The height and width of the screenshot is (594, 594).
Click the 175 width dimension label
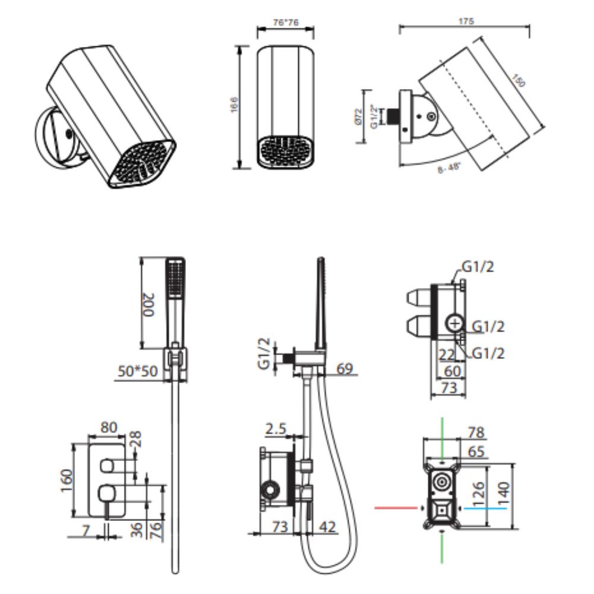(466, 21)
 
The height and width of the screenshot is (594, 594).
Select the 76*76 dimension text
(285, 23)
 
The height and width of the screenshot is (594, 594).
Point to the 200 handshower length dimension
(150, 305)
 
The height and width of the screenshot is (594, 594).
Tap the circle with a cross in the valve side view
(454, 323)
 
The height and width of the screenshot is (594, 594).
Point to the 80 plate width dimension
(108, 427)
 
